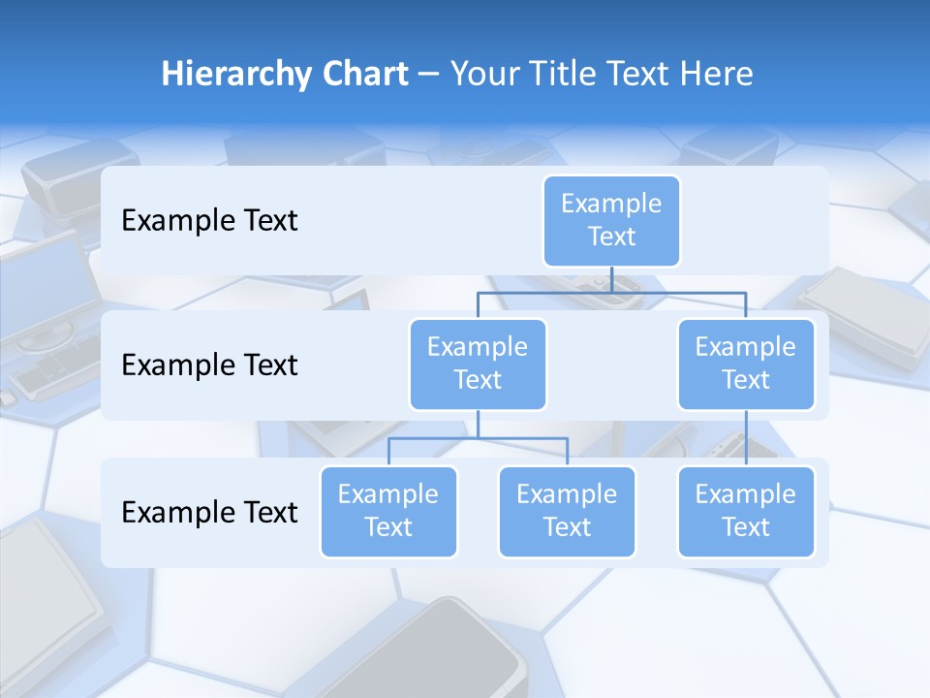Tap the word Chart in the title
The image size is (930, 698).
(362, 74)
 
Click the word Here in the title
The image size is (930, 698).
(717, 74)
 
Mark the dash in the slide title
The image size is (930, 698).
(429, 75)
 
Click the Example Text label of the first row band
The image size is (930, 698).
(209, 221)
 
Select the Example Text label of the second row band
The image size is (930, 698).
(209, 365)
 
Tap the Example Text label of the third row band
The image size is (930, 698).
(209, 513)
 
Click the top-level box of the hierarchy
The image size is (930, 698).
(611, 220)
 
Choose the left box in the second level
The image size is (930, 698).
(478, 364)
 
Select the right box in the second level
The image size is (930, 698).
(746, 364)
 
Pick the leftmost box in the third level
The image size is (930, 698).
(388, 511)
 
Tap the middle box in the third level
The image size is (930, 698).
(567, 511)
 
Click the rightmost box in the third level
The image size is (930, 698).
(746, 511)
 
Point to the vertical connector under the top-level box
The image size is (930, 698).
(611, 279)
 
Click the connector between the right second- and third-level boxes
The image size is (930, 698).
(746, 438)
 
